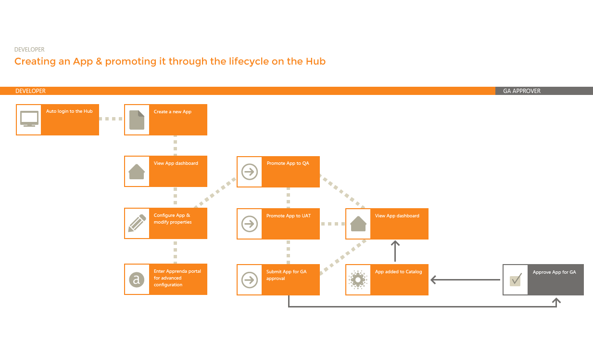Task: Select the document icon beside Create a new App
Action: [x=137, y=120]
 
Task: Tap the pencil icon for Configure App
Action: [x=137, y=223]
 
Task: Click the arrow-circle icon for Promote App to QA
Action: [x=250, y=172]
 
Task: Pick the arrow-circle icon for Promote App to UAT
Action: [x=250, y=224]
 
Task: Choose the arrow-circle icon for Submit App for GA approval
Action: [x=250, y=280]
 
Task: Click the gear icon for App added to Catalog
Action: [x=358, y=280]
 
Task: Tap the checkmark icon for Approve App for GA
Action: [x=515, y=280]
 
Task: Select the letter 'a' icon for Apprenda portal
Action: [x=137, y=280]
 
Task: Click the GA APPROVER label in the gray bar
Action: [x=522, y=91]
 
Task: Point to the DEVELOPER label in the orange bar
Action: [x=30, y=91]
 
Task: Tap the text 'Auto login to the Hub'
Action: [x=69, y=111]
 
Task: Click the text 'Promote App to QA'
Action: [x=288, y=163]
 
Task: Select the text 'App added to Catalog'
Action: [x=398, y=272]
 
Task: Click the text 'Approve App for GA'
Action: [x=554, y=272]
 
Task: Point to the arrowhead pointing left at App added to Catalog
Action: [x=433, y=280]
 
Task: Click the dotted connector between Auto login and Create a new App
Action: [x=112, y=119]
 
